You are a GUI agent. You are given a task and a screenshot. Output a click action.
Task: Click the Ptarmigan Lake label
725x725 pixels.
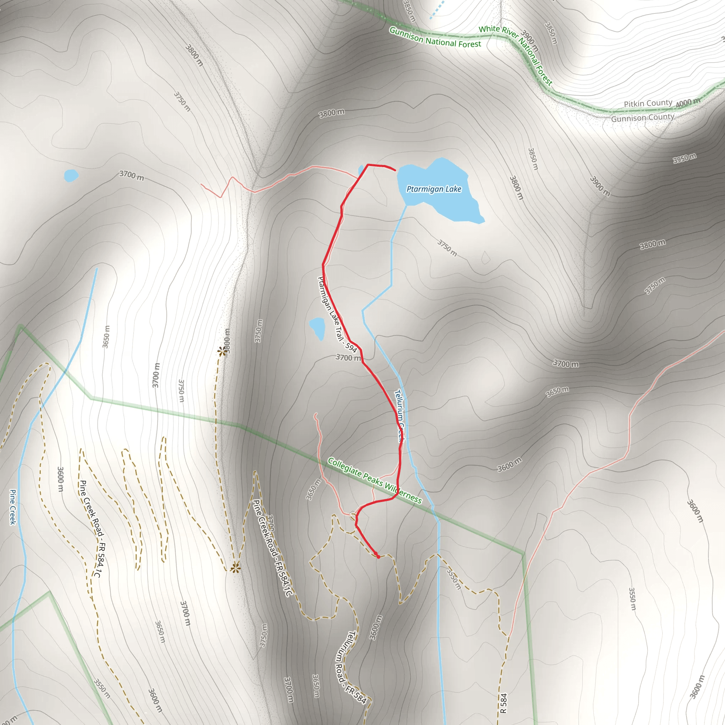point(434,189)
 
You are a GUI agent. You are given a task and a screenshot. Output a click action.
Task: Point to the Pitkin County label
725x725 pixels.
point(648,103)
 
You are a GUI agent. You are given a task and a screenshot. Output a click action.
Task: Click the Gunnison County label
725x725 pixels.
point(643,118)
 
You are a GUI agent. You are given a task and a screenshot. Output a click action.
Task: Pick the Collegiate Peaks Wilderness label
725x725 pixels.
point(375,480)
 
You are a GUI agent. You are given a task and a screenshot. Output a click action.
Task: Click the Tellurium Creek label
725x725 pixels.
point(399,415)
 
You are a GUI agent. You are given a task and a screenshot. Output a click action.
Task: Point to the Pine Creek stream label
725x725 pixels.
point(13,507)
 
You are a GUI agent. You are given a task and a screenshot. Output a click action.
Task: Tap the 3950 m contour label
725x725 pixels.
point(685,158)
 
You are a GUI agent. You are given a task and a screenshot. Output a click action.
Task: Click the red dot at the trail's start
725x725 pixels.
point(378,557)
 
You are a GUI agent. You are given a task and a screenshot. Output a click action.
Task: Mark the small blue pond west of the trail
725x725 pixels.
point(317,327)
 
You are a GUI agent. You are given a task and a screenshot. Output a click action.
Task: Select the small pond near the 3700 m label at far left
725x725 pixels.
point(71,175)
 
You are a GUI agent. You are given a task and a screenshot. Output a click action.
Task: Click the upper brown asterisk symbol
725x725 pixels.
point(222,351)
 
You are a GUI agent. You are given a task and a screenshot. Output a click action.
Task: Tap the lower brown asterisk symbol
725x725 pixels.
point(235,568)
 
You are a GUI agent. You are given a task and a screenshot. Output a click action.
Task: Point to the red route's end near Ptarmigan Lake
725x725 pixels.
point(395,170)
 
